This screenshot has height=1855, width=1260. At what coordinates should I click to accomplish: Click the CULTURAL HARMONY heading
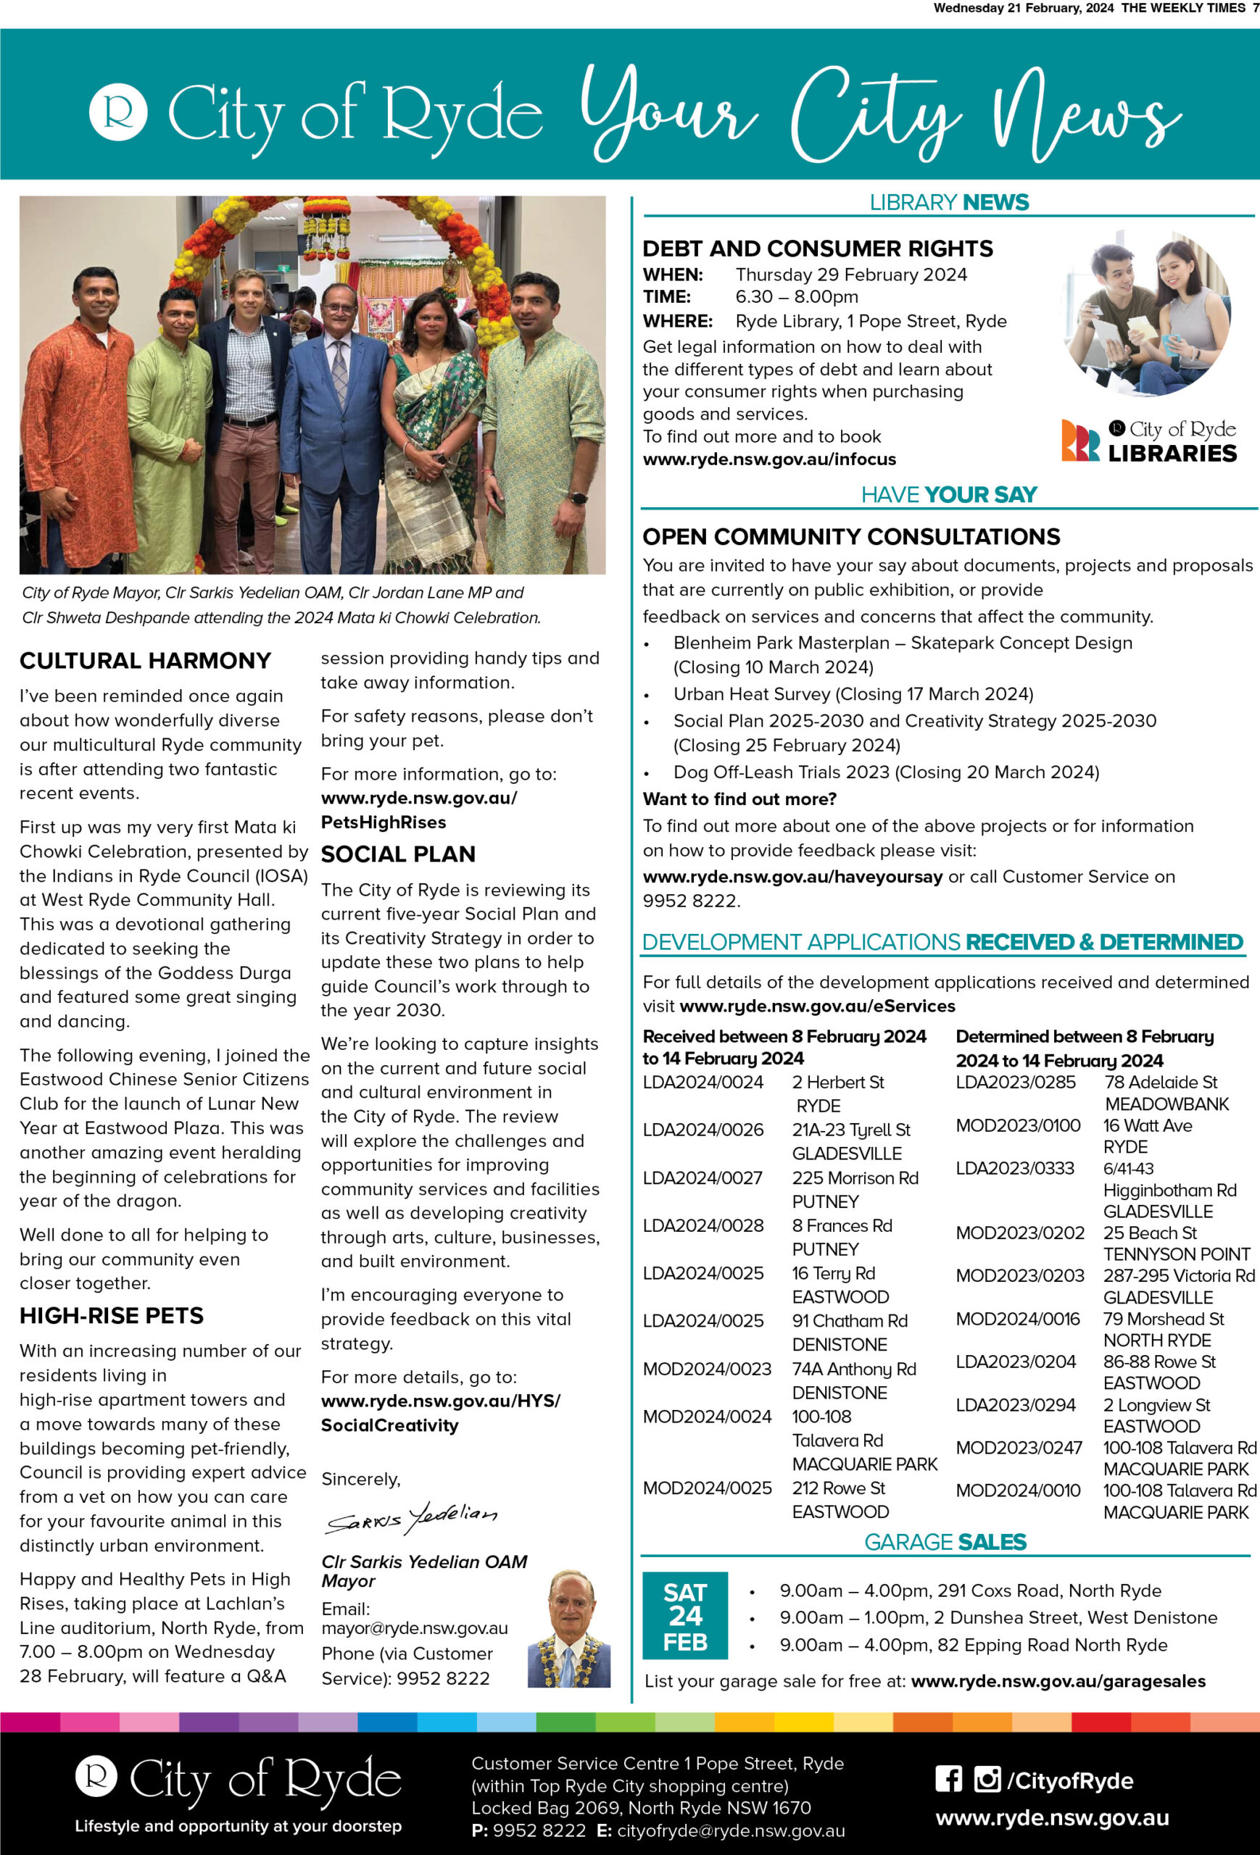[x=145, y=661]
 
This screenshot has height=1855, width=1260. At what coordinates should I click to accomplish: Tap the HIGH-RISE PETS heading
[x=112, y=1315]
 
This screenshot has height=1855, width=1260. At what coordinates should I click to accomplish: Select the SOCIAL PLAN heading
[x=397, y=854]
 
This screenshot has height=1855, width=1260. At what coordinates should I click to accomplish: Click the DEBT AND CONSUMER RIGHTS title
[x=818, y=249]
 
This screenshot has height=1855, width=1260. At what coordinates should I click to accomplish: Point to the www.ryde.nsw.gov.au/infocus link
[x=769, y=459]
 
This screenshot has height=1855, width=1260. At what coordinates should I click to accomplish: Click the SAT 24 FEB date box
[x=685, y=1616]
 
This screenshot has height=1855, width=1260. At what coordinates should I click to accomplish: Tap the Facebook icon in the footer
[x=948, y=1780]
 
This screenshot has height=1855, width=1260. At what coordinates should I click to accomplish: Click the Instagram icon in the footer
[x=987, y=1780]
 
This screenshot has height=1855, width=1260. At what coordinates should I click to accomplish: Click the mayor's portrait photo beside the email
[x=569, y=1628]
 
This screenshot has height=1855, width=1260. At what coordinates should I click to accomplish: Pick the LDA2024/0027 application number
[x=702, y=1178]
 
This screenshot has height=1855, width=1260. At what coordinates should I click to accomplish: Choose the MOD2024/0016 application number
[x=1018, y=1320]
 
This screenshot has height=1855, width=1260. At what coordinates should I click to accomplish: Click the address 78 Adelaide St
[x=1161, y=1083]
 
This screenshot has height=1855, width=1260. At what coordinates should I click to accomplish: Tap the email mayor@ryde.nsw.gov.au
[x=415, y=1628]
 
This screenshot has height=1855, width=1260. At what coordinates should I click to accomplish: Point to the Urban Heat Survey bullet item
[x=853, y=694]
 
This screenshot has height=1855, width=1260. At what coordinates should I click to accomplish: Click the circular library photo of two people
[x=1148, y=314]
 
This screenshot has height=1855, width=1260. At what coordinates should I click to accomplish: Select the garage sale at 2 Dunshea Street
[x=998, y=1618]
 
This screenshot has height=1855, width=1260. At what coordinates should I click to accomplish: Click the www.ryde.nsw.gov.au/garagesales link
[x=1058, y=1681]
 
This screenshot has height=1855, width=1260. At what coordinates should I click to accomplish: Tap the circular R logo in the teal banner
[x=118, y=112]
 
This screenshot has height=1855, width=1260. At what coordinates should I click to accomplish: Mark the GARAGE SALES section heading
[x=945, y=1542]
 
